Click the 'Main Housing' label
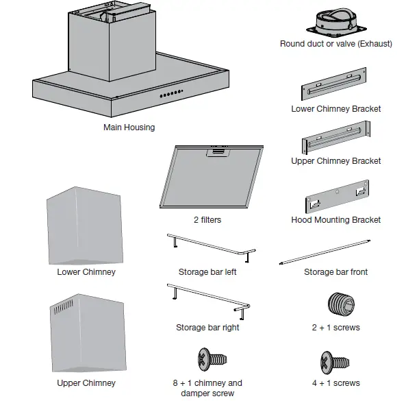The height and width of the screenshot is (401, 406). click(x=129, y=127)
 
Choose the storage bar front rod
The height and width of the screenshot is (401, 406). click(x=326, y=252)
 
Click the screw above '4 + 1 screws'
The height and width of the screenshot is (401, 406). click(x=335, y=361)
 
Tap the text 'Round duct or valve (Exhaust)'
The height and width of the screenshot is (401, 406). click(x=336, y=44)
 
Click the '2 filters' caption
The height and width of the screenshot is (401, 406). click(x=207, y=220)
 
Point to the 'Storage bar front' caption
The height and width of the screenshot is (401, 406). click(x=335, y=272)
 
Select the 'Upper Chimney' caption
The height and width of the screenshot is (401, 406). click(x=86, y=383)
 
